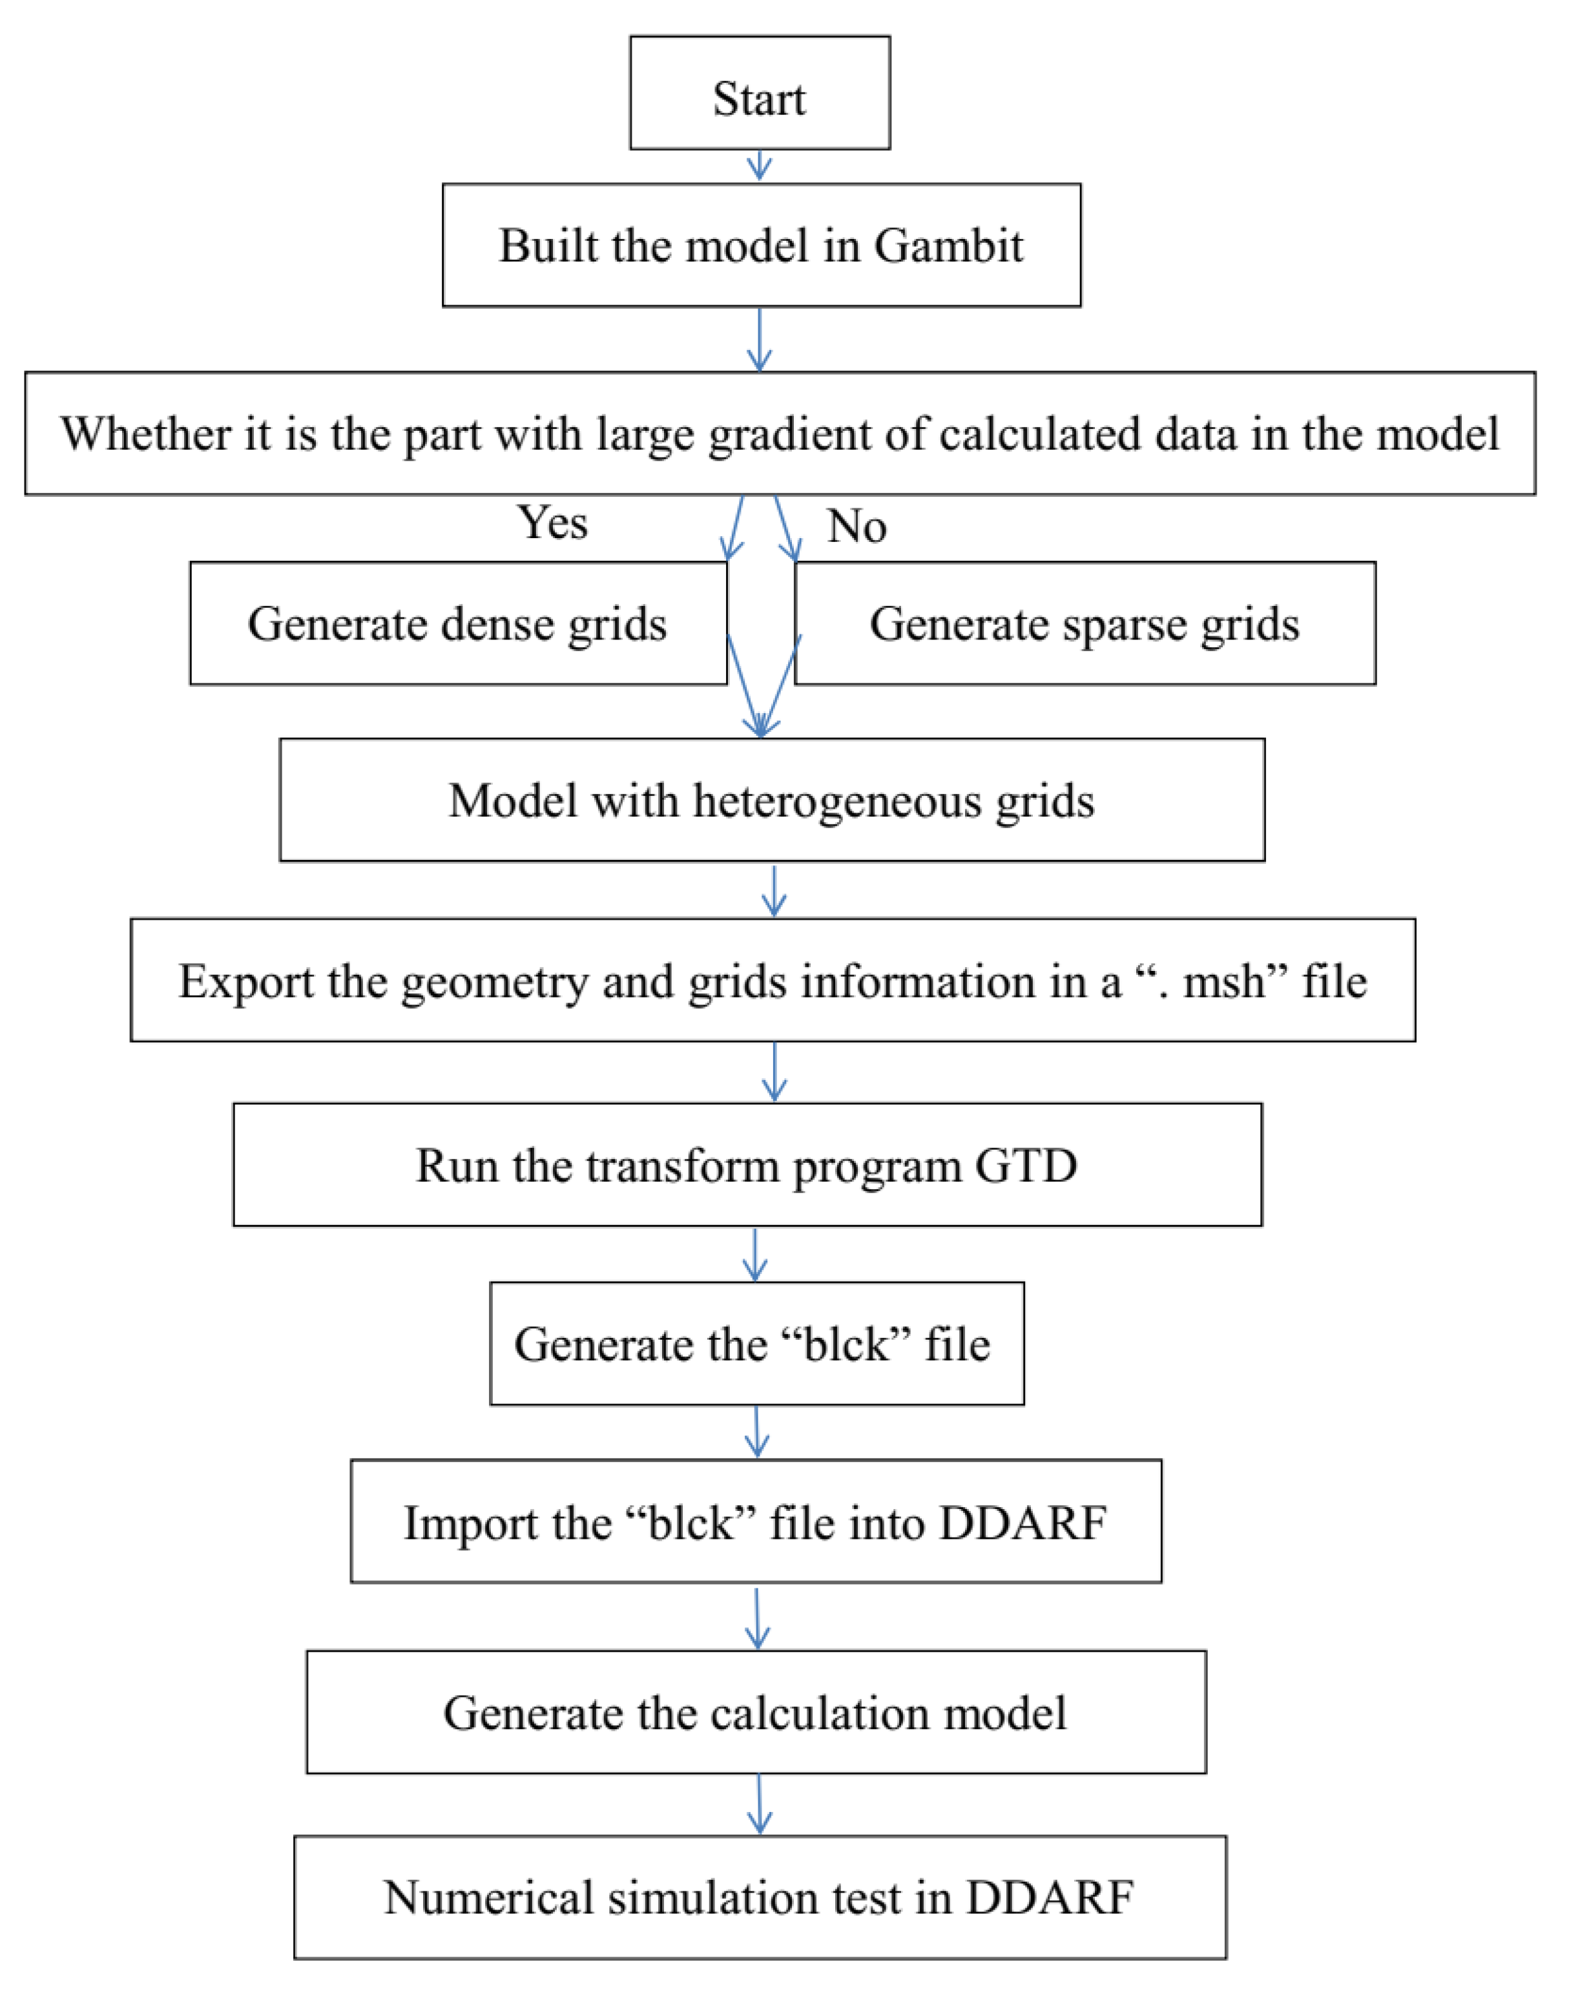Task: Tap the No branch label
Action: click(x=856, y=526)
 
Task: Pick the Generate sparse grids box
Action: click(x=1084, y=623)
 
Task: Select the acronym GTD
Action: click(x=1026, y=1166)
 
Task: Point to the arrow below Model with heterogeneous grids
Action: click(x=774, y=890)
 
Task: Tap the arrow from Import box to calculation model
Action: click(x=757, y=1618)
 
